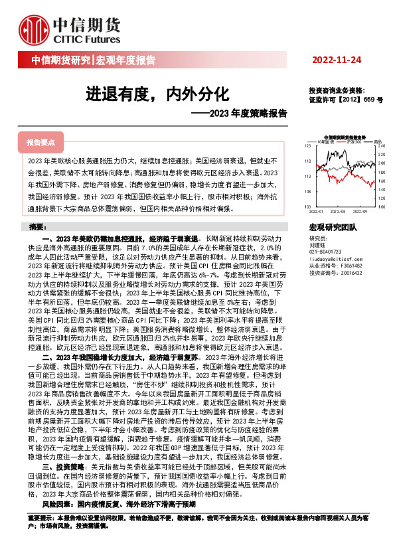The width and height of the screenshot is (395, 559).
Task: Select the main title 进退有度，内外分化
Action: (x=157, y=94)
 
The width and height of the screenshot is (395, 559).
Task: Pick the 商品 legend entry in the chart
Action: (x=377, y=141)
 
